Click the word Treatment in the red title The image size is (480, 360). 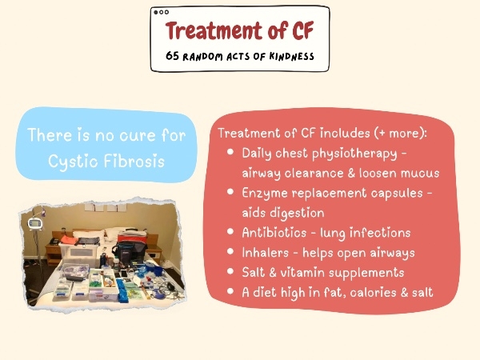coord(214,30)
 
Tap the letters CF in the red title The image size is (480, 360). coord(302,30)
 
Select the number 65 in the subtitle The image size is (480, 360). coord(172,56)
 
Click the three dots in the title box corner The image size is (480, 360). coord(161,12)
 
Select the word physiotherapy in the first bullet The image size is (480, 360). coord(354,154)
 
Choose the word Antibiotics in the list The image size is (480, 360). coord(274,233)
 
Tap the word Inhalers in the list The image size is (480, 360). coord(266,253)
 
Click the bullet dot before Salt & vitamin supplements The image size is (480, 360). coord(230,271)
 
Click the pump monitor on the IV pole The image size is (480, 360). coord(34,223)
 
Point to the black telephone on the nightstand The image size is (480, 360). coord(54,242)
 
